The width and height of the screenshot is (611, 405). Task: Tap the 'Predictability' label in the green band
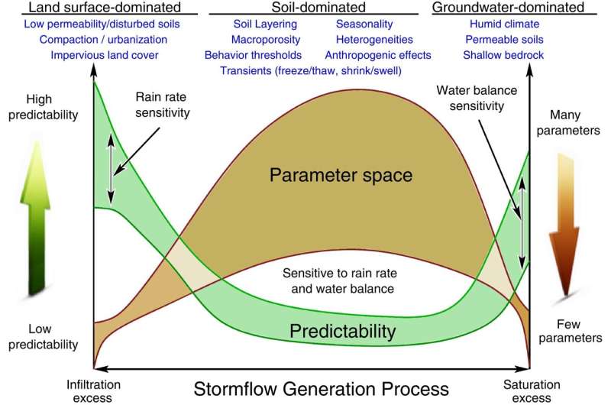pyautogui.click(x=344, y=331)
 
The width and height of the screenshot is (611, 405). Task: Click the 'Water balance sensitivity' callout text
pyautogui.click(x=470, y=96)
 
